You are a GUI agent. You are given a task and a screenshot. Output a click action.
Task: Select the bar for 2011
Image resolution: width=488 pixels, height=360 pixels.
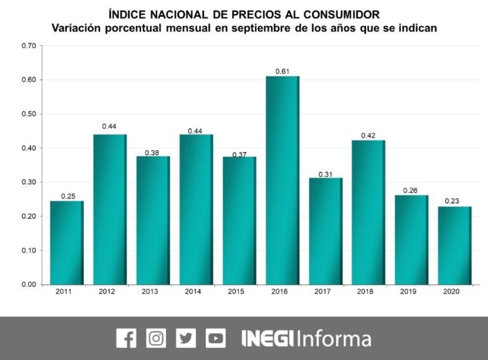coord(67,242)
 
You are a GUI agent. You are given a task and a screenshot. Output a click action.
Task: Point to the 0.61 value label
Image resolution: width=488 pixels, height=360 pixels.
coord(282,71)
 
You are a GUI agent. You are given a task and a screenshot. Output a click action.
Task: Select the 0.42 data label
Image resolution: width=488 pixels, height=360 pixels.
coord(369,135)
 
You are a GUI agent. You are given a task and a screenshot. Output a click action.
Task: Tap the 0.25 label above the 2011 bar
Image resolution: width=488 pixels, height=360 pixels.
coord(67,196)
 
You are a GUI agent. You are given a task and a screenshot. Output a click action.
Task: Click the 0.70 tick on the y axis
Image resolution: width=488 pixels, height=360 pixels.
coord(29,46)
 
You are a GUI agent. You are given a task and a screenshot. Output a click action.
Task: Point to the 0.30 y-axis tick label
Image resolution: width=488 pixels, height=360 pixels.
coord(29,182)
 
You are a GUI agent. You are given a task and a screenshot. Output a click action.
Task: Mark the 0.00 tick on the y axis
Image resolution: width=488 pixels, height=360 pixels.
coord(29,284)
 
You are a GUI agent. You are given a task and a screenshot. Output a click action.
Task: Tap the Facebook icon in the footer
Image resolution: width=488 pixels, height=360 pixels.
coord(126,338)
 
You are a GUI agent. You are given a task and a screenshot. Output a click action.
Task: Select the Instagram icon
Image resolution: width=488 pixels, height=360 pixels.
coord(156,338)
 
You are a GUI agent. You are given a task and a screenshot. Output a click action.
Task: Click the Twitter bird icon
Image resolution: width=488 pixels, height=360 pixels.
coord(186,338)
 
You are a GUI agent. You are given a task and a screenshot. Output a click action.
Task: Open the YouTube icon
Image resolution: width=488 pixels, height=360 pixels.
coord(215,338)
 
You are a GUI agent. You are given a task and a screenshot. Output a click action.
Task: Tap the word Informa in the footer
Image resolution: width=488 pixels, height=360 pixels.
coord(334,338)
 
